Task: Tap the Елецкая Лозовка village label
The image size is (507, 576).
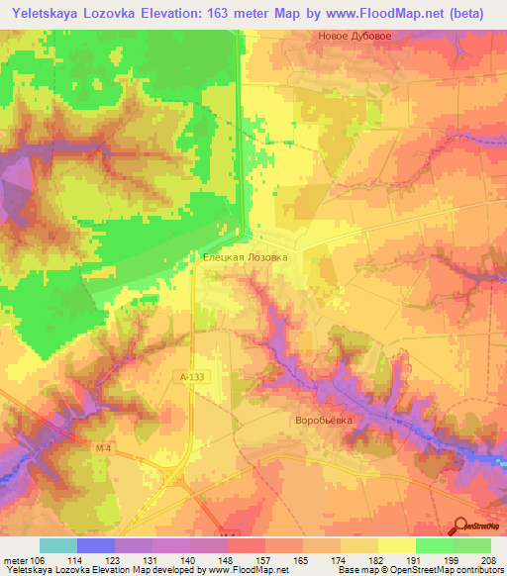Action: tap(246, 256)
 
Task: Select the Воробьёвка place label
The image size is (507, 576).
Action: tap(324, 420)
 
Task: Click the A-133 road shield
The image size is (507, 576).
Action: tap(192, 377)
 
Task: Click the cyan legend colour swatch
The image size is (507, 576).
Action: tap(58, 545)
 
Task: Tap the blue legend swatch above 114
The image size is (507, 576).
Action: tap(96, 545)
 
